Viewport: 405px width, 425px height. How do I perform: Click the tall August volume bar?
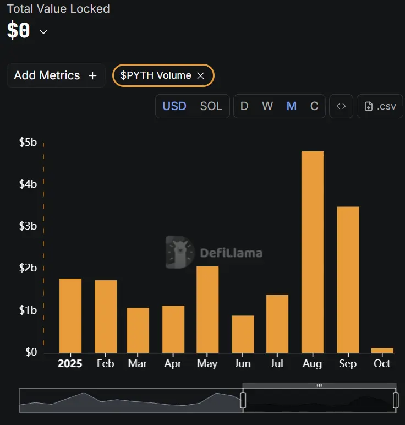click(x=312, y=252)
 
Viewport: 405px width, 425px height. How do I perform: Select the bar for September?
click(x=347, y=279)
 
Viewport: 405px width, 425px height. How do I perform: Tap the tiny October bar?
click(x=382, y=350)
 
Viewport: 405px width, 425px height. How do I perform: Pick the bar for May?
click(x=207, y=309)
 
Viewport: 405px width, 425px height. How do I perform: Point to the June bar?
click(x=243, y=334)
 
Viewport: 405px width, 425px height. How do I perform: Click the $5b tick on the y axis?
click(x=28, y=143)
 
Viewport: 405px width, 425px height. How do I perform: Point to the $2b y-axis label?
click(x=28, y=268)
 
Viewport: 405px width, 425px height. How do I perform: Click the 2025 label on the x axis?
click(x=70, y=364)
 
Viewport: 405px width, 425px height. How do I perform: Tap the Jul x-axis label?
click(x=277, y=364)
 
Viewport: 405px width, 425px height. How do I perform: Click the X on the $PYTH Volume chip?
click(x=201, y=76)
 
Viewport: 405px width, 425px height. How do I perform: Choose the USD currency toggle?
click(x=174, y=106)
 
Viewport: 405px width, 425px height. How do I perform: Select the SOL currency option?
click(x=211, y=106)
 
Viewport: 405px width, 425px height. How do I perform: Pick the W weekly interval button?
click(x=267, y=106)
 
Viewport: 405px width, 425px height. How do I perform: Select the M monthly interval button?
click(x=292, y=106)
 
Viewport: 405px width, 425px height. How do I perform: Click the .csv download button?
click(x=380, y=106)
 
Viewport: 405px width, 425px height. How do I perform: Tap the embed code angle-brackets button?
click(x=341, y=106)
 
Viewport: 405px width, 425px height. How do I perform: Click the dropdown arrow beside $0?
click(x=43, y=31)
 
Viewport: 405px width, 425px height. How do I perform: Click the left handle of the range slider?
click(x=243, y=400)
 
